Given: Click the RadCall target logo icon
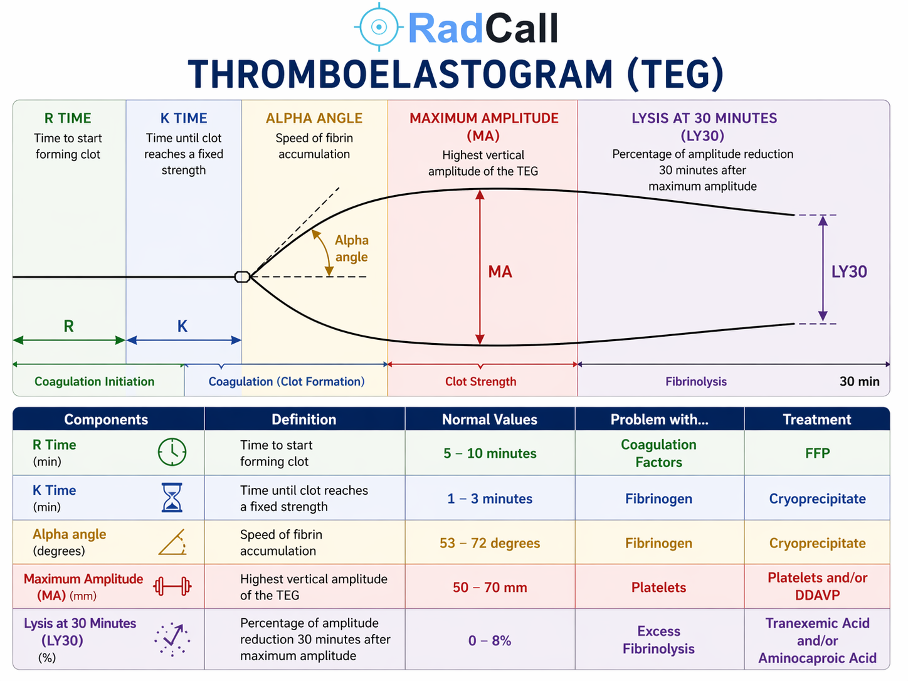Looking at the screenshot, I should click(379, 27).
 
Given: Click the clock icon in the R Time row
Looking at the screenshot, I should click(172, 452).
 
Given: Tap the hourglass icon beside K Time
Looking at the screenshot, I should click(172, 497).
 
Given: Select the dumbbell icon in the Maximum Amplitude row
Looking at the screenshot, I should click(172, 586).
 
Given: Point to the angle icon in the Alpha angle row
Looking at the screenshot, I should click(172, 542).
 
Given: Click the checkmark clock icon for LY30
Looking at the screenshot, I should click(172, 640).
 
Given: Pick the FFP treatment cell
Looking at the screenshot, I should click(817, 453).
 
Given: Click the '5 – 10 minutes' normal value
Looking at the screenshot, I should click(490, 453).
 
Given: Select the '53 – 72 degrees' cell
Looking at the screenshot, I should click(490, 543).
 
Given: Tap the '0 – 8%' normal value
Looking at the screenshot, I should click(490, 641).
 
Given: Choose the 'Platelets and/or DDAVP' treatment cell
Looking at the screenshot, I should click(817, 586).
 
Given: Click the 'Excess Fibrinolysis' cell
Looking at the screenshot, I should click(658, 640).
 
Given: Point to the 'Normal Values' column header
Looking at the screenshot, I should click(490, 420).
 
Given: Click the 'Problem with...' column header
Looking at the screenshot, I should click(659, 420).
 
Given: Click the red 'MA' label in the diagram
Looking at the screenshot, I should click(500, 272).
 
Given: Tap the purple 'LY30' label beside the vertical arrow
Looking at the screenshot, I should click(849, 272).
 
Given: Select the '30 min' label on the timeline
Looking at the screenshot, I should click(859, 381).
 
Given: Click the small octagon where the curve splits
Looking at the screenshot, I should click(242, 277).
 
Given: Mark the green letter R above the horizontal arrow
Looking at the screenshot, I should click(69, 326).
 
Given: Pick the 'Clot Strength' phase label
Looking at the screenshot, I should click(481, 381).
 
